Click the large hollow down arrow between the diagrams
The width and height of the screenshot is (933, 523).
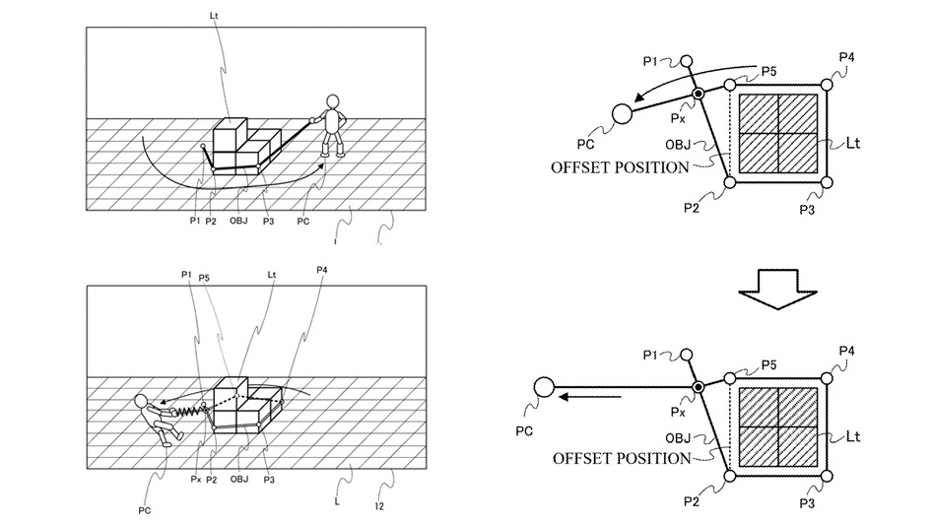click(777, 290)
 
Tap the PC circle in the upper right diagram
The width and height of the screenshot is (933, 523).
click(622, 113)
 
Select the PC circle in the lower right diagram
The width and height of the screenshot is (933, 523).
click(543, 388)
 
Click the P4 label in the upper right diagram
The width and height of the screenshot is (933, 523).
click(846, 57)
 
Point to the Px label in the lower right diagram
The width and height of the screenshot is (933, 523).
click(678, 412)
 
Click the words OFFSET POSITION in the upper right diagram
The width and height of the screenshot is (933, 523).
click(620, 167)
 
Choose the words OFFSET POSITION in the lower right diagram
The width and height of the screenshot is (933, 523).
click(622, 458)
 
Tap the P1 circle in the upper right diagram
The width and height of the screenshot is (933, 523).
click(686, 61)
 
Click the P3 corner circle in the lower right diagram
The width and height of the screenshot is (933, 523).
click(827, 476)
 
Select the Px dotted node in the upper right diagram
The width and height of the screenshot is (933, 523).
click(699, 94)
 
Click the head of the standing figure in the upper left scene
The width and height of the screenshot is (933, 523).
click(332, 101)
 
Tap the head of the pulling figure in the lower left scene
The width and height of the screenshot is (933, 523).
click(142, 402)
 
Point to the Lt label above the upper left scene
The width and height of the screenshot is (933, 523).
click(214, 16)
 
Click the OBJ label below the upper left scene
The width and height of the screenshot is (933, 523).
click(238, 221)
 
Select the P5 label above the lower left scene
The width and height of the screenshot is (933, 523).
click(204, 278)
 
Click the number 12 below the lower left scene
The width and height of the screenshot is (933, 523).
click(379, 506)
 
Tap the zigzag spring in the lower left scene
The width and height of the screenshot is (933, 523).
click(188, 410)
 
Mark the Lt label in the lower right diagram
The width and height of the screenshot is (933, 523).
click(852, 436)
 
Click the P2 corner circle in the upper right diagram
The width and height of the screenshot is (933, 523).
click(730, 182)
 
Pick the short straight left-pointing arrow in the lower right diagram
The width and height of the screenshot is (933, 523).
click(590, 397)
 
